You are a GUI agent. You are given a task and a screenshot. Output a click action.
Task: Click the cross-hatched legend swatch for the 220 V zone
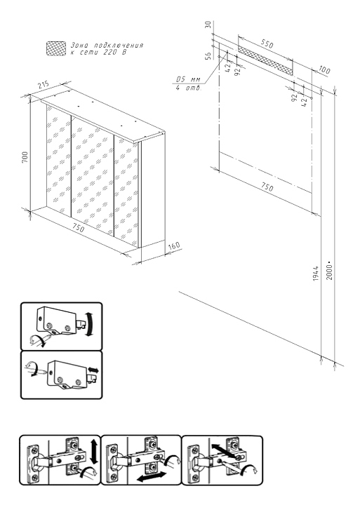click(x=56, y=48)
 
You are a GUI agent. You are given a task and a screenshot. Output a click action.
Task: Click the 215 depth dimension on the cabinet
click(x=44, y=85)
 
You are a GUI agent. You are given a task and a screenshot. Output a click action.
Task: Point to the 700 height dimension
click(x=25, y=157)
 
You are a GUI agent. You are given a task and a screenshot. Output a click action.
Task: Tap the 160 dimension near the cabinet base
click(x=174, y=246)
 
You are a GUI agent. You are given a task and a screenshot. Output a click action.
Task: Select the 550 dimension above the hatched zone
click(x=267, y=43)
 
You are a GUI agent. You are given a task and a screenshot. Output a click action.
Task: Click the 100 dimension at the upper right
click(x=324, y=69)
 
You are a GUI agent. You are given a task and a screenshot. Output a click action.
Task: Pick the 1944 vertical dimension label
click(x=316, y=273)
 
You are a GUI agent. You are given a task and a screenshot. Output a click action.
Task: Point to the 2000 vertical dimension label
click(x=329, y=272)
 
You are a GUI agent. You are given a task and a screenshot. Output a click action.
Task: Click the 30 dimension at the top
click(x=208, y=25)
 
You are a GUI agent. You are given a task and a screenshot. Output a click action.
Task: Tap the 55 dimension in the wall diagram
click(x=208, y=56)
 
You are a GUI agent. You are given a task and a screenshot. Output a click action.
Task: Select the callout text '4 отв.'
click(x=189, y=88)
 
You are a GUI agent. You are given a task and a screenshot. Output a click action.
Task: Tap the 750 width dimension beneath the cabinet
click(x=78, y=228)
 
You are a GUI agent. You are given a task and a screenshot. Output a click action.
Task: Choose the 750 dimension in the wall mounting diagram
click(x=267, y=187)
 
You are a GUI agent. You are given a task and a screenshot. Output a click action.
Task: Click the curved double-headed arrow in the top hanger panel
click(x=91, y=324)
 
